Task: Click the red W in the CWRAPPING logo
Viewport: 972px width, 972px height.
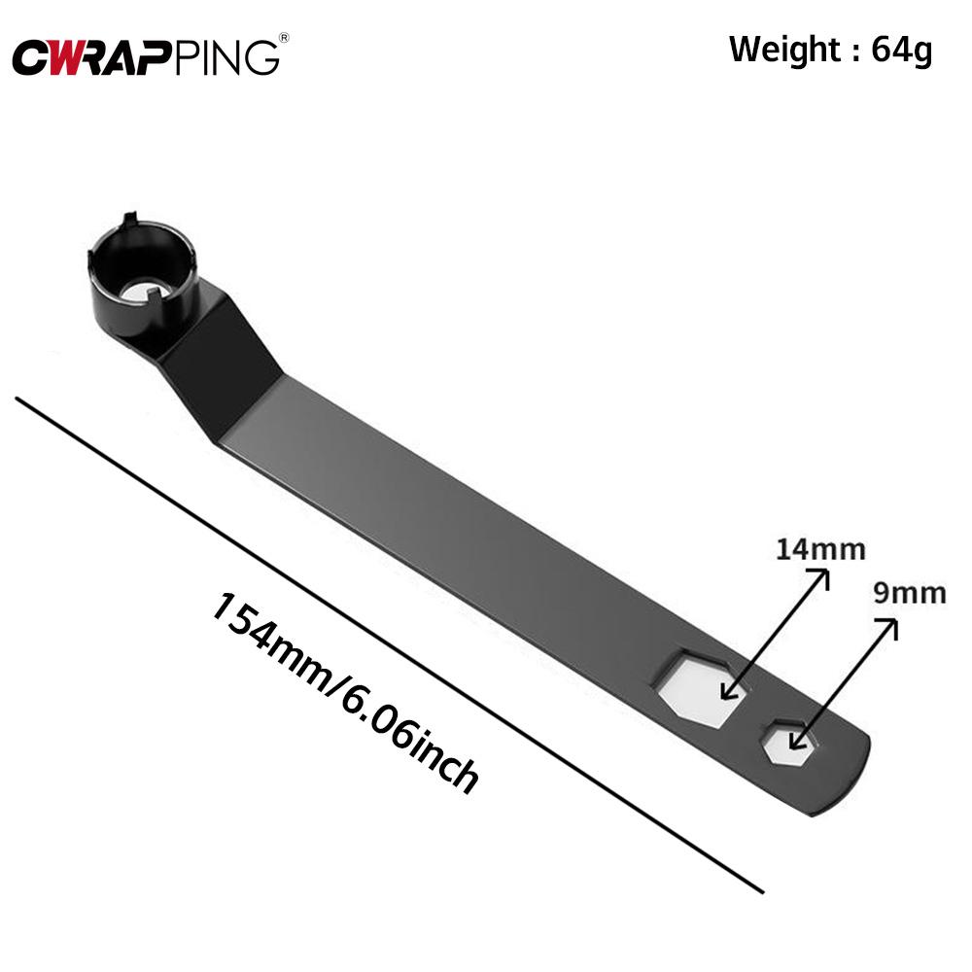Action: (67, 57)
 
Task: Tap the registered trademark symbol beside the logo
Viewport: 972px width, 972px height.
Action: (283, 38)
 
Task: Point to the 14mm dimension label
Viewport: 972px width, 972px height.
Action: (819, 549)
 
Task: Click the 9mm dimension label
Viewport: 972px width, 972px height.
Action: (909, 593)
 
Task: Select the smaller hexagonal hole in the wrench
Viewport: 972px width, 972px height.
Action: (790, 744)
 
